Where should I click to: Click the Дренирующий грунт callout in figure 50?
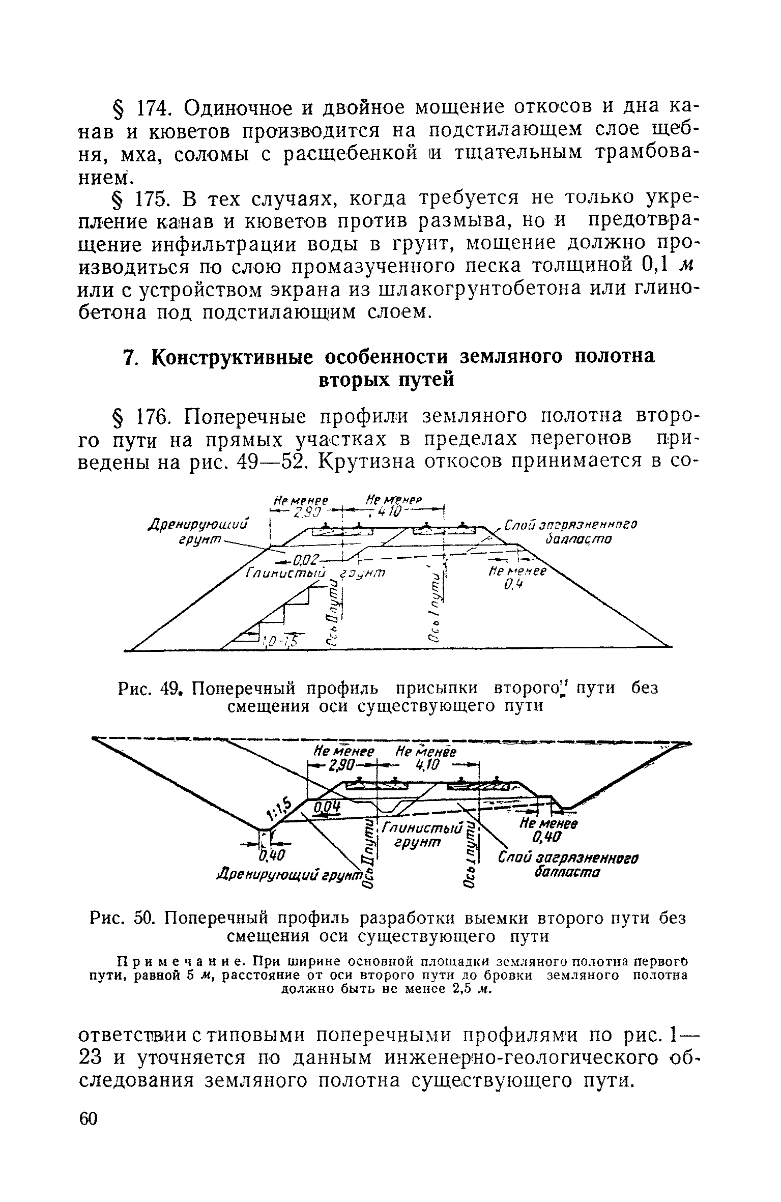(x=288, y=874)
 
